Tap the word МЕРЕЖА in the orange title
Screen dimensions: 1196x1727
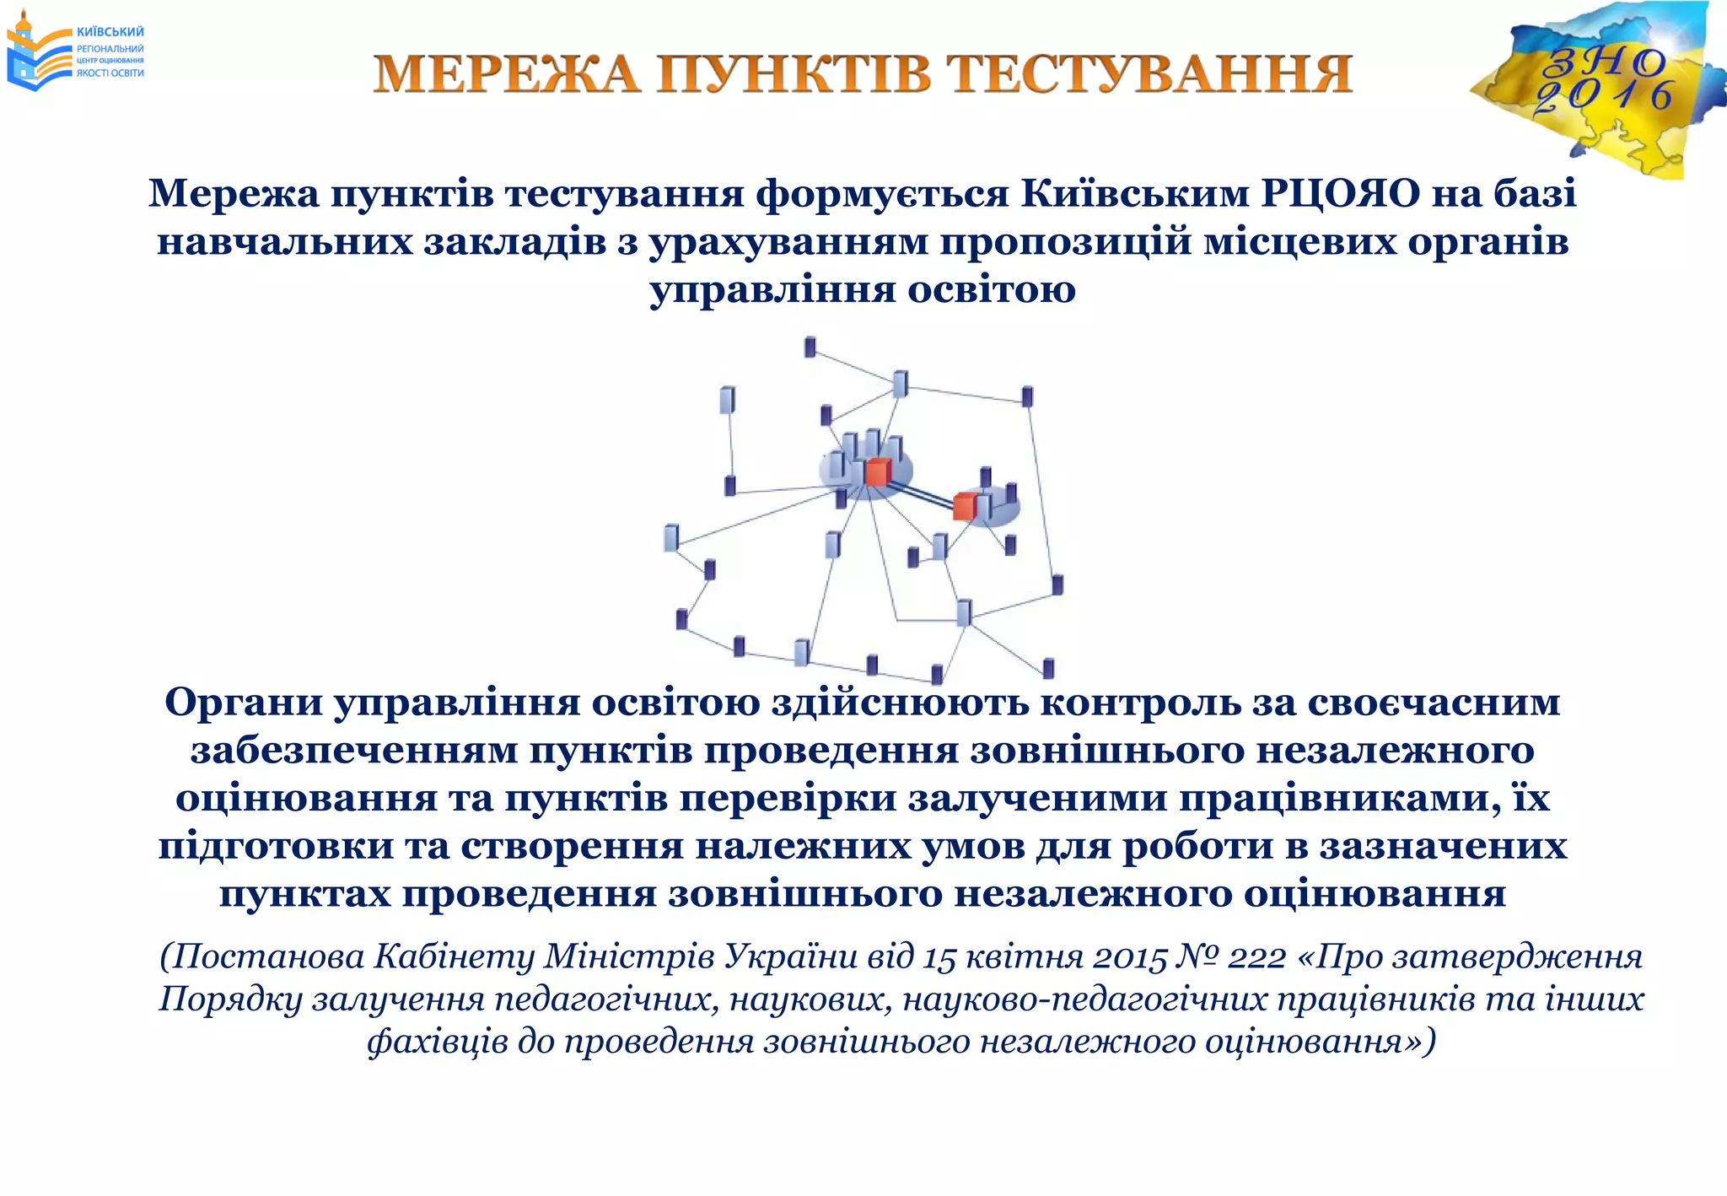tap(507, 74)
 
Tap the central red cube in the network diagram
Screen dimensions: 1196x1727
tap(877, 472)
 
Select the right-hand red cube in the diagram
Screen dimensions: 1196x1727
tap(965, 506)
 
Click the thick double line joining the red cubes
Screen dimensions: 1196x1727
tap(921, 491)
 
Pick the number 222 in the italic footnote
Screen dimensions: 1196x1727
tap(1256, 957)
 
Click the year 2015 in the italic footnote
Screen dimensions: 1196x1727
tap(1129, 957)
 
